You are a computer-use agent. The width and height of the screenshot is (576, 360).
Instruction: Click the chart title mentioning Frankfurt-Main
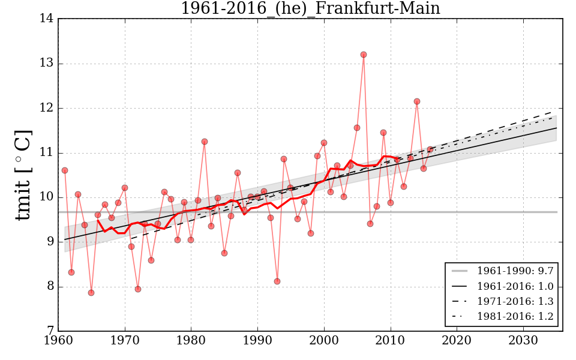310,9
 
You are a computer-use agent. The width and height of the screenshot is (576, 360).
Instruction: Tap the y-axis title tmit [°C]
23,175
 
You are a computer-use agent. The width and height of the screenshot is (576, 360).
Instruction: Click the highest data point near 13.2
364,55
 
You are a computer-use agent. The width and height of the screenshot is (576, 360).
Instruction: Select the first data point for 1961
65,170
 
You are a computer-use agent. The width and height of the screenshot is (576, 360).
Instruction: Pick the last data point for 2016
430,149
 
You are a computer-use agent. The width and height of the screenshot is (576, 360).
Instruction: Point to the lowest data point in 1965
91,293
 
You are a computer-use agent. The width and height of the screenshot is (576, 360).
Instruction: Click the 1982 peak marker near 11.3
205,142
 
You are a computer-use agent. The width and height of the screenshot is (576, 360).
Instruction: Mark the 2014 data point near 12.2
417,101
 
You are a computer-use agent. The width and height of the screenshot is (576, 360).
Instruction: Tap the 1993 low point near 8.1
277,281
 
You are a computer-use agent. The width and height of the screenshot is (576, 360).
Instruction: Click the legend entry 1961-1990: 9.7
515,271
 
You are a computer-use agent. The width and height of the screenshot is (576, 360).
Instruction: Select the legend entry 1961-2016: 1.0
515,286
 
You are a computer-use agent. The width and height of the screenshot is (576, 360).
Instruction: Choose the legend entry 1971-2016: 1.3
515,301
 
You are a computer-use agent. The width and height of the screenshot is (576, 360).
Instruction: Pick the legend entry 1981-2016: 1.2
515,316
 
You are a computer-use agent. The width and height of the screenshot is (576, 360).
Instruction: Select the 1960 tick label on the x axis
59,340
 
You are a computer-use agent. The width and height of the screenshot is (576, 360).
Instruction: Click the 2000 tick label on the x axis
324,340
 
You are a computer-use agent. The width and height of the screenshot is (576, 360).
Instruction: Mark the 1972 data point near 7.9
138,289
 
